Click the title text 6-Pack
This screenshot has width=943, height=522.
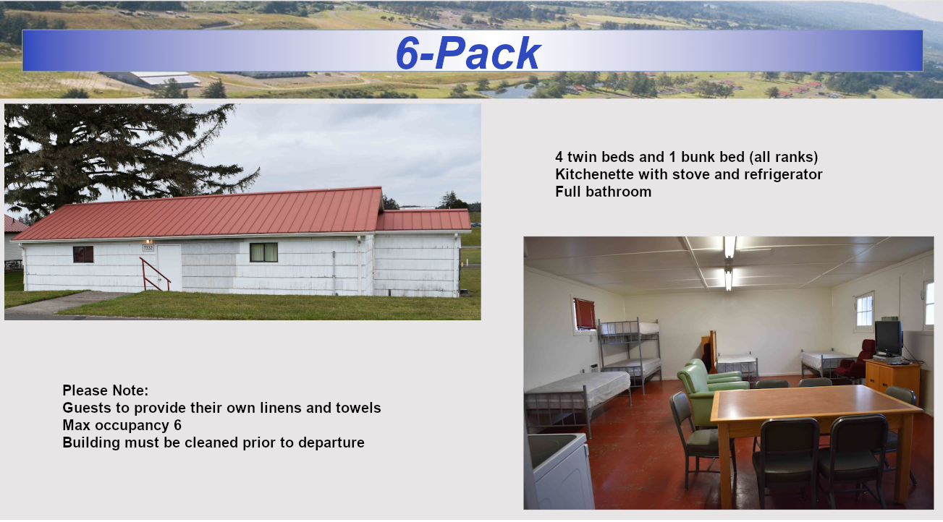click(468, 53)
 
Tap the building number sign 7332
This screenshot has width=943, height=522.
click(148, 248)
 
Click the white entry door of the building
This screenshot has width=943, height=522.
click(169, 268)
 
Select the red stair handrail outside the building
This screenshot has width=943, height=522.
click(154, 275)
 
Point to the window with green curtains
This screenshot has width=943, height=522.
click(263, 252)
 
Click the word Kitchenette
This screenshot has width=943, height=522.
click(594, 174)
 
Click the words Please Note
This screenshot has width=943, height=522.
click(105, 390)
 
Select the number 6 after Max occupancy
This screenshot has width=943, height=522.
click(177, 425)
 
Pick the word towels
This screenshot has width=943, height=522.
click(358, 408)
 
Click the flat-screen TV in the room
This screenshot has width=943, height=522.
click(888, 338)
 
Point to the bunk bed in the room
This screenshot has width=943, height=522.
click(630, 354)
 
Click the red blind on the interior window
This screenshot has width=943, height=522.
click(585, 313)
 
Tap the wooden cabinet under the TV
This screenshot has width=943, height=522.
click(892, 380)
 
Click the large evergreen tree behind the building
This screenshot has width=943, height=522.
click(114, 160)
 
